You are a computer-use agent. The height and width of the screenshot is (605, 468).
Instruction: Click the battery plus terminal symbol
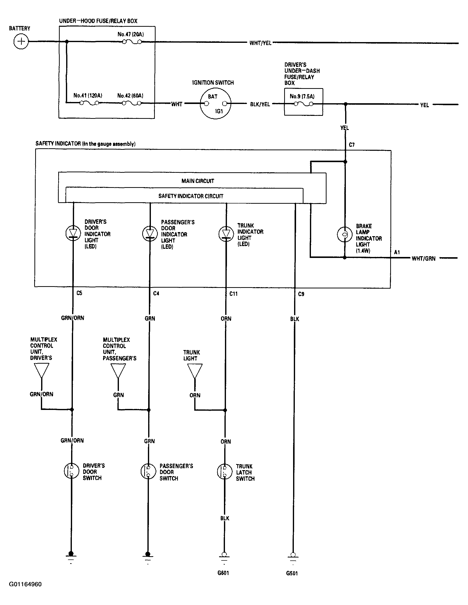[21, 42]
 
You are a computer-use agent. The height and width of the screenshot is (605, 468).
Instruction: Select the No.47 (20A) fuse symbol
[132, 42]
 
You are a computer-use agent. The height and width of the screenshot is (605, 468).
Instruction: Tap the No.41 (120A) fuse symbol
[89, 103]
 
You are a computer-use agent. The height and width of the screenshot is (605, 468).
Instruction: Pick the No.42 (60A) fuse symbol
[132, 103]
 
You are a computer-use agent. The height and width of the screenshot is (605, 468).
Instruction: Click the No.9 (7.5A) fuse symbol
[303, 104]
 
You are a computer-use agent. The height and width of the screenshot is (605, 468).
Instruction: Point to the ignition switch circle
[216, 104]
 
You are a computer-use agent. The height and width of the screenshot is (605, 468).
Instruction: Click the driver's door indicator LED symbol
[73, 233]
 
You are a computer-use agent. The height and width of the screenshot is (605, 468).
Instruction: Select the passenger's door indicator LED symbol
[150, 233]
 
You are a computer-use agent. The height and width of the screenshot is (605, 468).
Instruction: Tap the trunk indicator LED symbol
[226, 233]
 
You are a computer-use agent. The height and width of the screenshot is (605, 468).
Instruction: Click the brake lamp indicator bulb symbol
[345, 234]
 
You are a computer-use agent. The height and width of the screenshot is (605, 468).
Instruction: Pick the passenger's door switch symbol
[148, 471]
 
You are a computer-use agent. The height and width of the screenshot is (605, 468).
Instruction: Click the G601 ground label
[223, 573]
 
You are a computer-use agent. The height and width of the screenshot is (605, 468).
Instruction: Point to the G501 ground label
[292, 573]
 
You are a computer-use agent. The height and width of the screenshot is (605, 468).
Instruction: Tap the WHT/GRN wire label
[423, 258]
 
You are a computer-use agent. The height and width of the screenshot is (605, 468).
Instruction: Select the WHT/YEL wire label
[260, 43]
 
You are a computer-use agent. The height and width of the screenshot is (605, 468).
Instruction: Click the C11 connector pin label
[233, 294]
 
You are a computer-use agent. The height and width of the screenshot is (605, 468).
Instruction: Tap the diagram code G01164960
[25, 584]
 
